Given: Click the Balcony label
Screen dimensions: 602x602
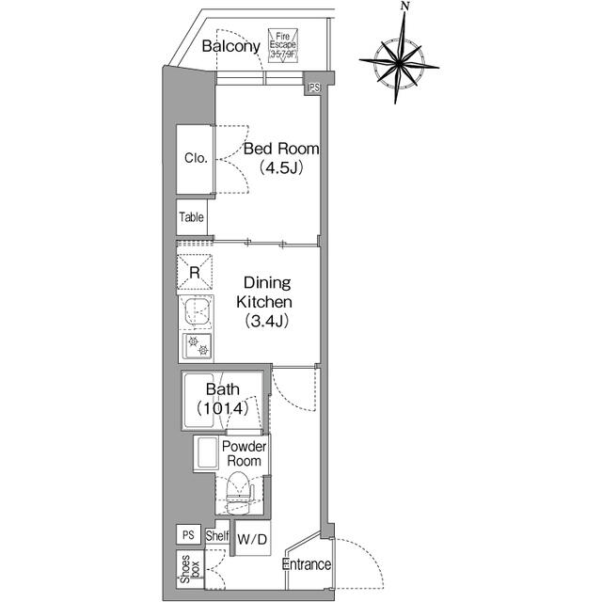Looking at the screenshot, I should pos(230,47).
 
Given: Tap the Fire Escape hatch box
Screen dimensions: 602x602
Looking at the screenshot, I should pos(283,44).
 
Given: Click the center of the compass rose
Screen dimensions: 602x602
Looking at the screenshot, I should pos(399,60).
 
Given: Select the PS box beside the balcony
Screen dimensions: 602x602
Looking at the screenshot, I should pos(314,87).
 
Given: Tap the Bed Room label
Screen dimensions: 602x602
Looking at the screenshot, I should pos(281,149).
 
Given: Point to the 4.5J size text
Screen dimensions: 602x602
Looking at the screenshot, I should pos(281,168).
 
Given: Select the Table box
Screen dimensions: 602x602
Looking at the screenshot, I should pos(192,217).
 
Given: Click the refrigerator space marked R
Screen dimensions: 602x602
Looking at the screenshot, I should pos(194,272).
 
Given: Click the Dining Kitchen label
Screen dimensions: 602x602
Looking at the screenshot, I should pos(268,293).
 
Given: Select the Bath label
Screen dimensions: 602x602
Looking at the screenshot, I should pos(223,389).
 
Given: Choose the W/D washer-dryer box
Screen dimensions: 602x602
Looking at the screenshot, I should pos(251,540).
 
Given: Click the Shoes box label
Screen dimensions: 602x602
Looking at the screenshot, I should pos(191,570).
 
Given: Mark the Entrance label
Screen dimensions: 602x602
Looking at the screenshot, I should pos(307,564).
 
